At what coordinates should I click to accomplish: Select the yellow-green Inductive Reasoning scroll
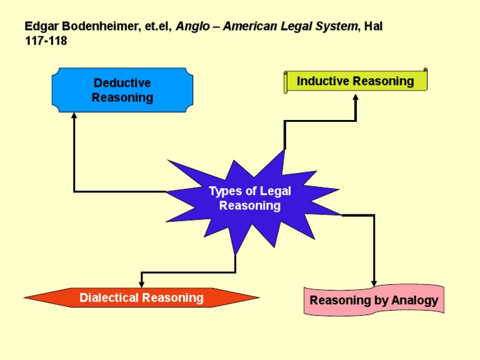pos(355,81)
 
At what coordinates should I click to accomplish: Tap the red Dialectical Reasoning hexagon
pos(141,297)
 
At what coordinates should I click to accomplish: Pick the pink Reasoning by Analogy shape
pos(374,300)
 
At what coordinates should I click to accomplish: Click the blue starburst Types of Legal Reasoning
pos(250,199)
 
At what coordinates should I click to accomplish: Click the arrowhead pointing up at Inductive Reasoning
pos(356,97)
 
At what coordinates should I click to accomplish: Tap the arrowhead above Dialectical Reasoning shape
pos(142,284)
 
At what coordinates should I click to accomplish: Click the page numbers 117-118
pos(46,41)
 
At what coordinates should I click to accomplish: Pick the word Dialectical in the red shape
pos(109,297)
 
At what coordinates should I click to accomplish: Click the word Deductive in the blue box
pos(122,83)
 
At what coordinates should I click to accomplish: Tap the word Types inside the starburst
pos(223,191)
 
